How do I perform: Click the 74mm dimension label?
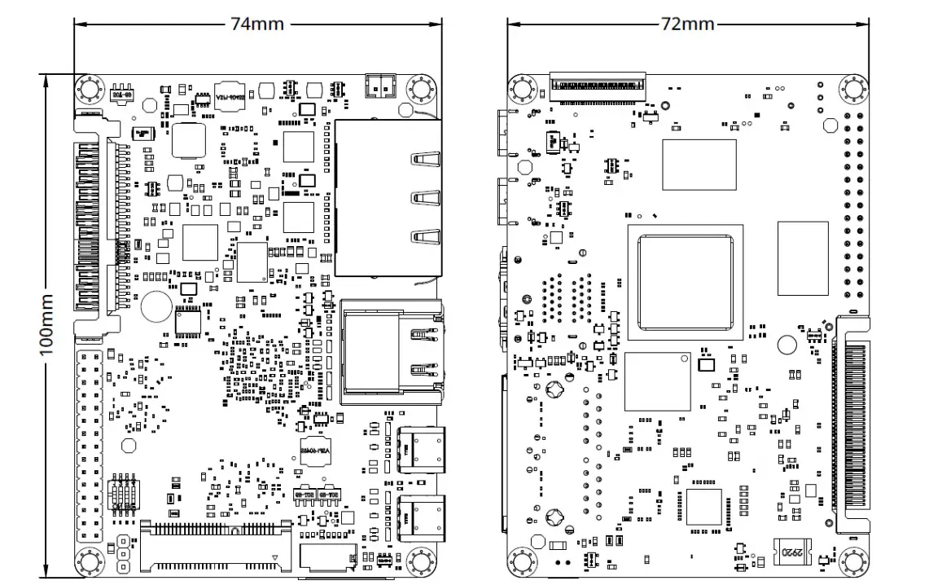coord(257,24)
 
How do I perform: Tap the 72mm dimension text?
coord(687,24)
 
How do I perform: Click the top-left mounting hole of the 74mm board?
coord(89,89)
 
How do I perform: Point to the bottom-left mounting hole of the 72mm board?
coord(522,562)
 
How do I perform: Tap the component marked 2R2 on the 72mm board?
coord(791,552)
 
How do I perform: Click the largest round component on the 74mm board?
coord(153,306)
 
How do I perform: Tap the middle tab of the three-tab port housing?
coord(424,198)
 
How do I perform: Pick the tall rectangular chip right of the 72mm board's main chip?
coord(802,257)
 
